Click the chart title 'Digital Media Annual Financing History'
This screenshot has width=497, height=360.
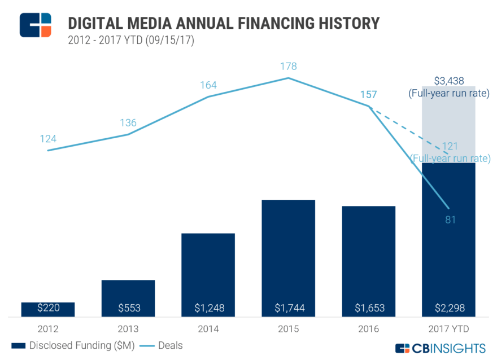pyautogui.click(x=223, y=23)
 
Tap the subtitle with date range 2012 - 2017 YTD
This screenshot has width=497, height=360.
pyautogui.click(x=131, y=41)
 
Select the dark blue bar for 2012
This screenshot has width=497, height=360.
pyautogui.click(x=48, y=309)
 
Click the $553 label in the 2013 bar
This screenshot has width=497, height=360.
pyautogui.click(x=129, y=308)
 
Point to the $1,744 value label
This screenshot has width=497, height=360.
pyautogui.click(x=288, y=308)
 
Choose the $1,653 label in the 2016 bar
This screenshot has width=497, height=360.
pyautogui.click(x=368, y=308)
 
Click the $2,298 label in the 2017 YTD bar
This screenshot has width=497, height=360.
pyautogui.click(x=448, y=308)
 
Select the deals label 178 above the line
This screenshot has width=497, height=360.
pyautogui.click(x=288, y=67)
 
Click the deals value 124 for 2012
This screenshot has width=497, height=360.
pyautogui.click(x=49, y=139)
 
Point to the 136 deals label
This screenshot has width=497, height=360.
pyautogui.click(x=128, y=123)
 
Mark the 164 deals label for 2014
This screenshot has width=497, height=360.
pyautogui.click(x=208, y=85)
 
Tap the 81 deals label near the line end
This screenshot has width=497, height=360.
pyautogui.click(x=450, y=219)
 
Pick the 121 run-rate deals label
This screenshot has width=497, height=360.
pyautogui.click(x=451, y=146)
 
